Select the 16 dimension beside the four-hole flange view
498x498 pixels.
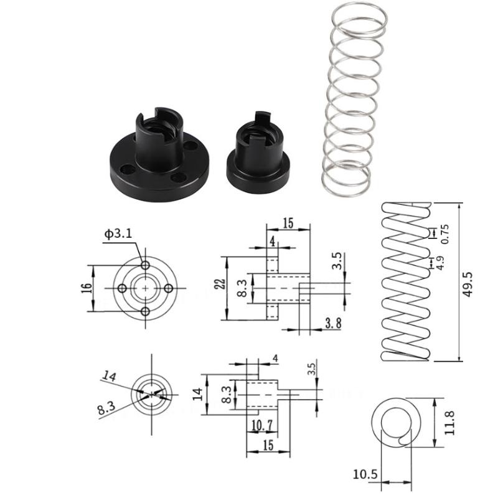click(87, 288)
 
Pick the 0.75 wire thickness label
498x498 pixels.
click(444, 233)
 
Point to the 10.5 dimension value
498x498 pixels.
click(365, 475)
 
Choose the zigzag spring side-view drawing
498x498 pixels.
click(405, 282)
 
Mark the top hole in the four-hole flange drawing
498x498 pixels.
click(145, 265)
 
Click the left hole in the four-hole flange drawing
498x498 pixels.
click(123, 288)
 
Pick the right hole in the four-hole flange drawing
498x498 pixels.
click(168, 288)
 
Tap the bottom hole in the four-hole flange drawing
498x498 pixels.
click(145, 311)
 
